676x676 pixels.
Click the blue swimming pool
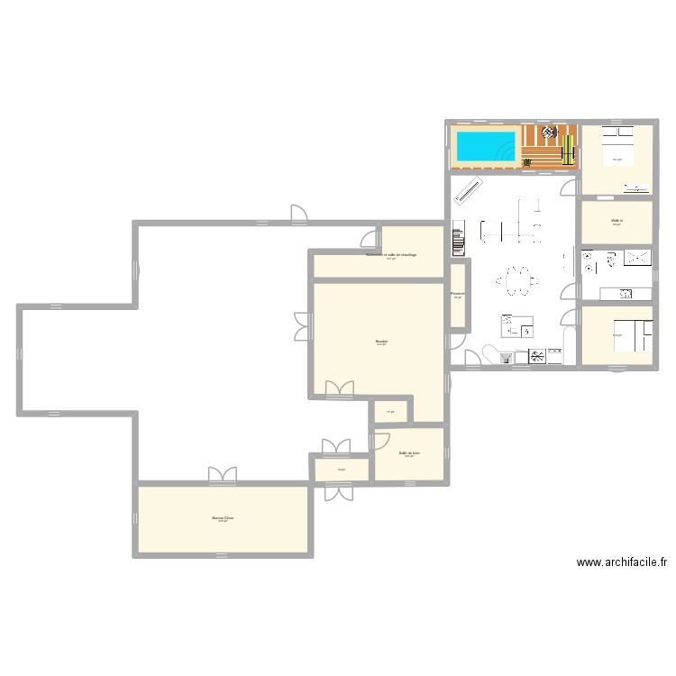(485, 146)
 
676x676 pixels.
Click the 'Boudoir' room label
(382, 341)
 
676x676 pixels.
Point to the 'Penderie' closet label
(458, 293)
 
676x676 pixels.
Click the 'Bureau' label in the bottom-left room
(223, 518)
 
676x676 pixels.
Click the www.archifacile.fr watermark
(622, 562)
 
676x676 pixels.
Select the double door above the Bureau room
(221, 475)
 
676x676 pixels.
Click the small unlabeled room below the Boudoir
(390, 411)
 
